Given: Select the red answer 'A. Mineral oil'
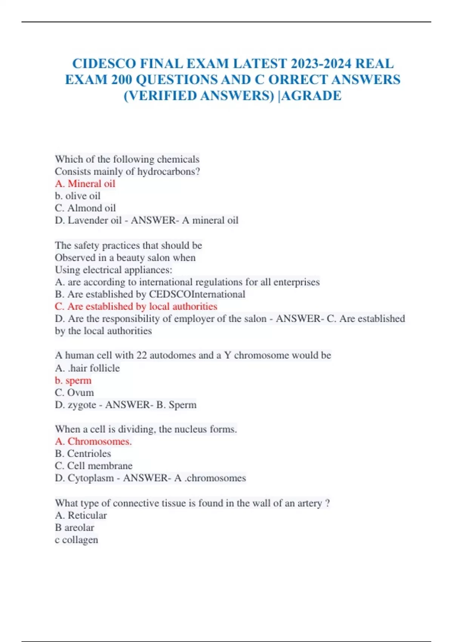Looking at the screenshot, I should point(85,184).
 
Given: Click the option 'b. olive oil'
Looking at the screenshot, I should point(78,196).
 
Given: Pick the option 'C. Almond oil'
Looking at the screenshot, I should point(85,208).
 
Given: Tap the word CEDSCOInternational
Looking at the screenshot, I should point(197,294).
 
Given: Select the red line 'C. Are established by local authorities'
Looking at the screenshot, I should point(136,306).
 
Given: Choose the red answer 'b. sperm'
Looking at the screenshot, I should point(73,380).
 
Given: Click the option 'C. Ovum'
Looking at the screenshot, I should point(74,392).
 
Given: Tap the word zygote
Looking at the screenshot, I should point(82,405).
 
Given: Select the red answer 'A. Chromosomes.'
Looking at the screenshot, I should point(93,441).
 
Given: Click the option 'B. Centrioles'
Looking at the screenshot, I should point(83,453).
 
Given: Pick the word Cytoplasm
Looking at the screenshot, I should point(91,478).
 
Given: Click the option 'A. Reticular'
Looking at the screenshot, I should point(81,515).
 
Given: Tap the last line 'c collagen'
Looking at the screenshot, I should point(77,540).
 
